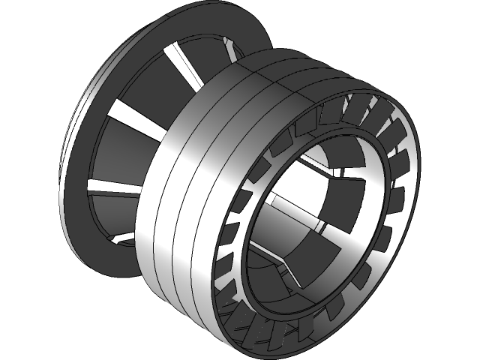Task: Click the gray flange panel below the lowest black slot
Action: pyautogui.click(x=112, y=210)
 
